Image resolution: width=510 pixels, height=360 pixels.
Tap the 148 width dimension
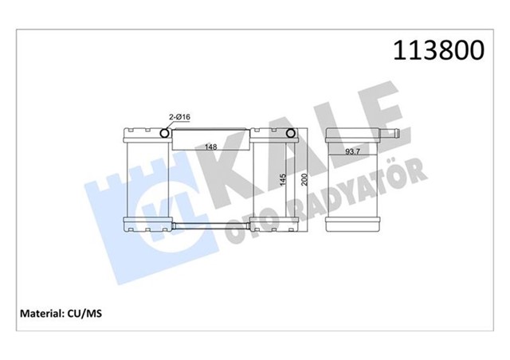tap(210, 147)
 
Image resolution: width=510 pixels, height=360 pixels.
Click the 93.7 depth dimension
tap(354, 151)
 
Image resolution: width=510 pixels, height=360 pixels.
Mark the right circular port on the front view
tap(291, 134)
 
